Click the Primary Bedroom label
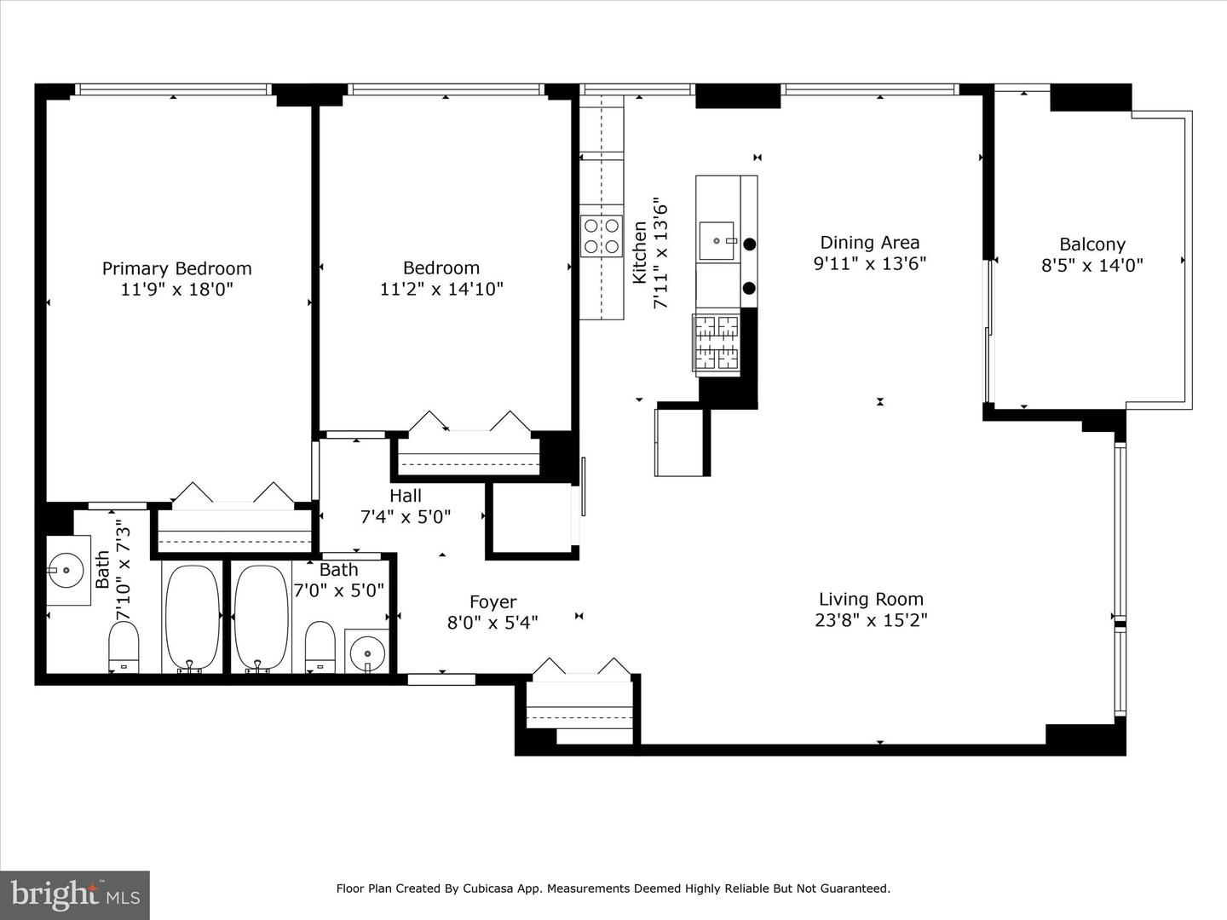(176, 268)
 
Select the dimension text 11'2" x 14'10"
(441, 290)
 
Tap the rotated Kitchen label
(640, 252)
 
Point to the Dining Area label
(869, 243)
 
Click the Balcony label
(1092, 244)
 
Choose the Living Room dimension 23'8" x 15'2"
(871, 620)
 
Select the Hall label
(406, 496)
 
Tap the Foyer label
(493, 602)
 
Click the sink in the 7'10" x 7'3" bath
(66, 570)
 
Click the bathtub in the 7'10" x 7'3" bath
(191, 618)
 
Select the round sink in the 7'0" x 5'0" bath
(366, 653)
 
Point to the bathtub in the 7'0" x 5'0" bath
(262, 618)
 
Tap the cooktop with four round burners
(601, 236)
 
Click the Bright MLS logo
(75, 894)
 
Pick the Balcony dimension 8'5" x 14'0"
(1092, 266)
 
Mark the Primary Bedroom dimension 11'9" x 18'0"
(176, 290)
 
